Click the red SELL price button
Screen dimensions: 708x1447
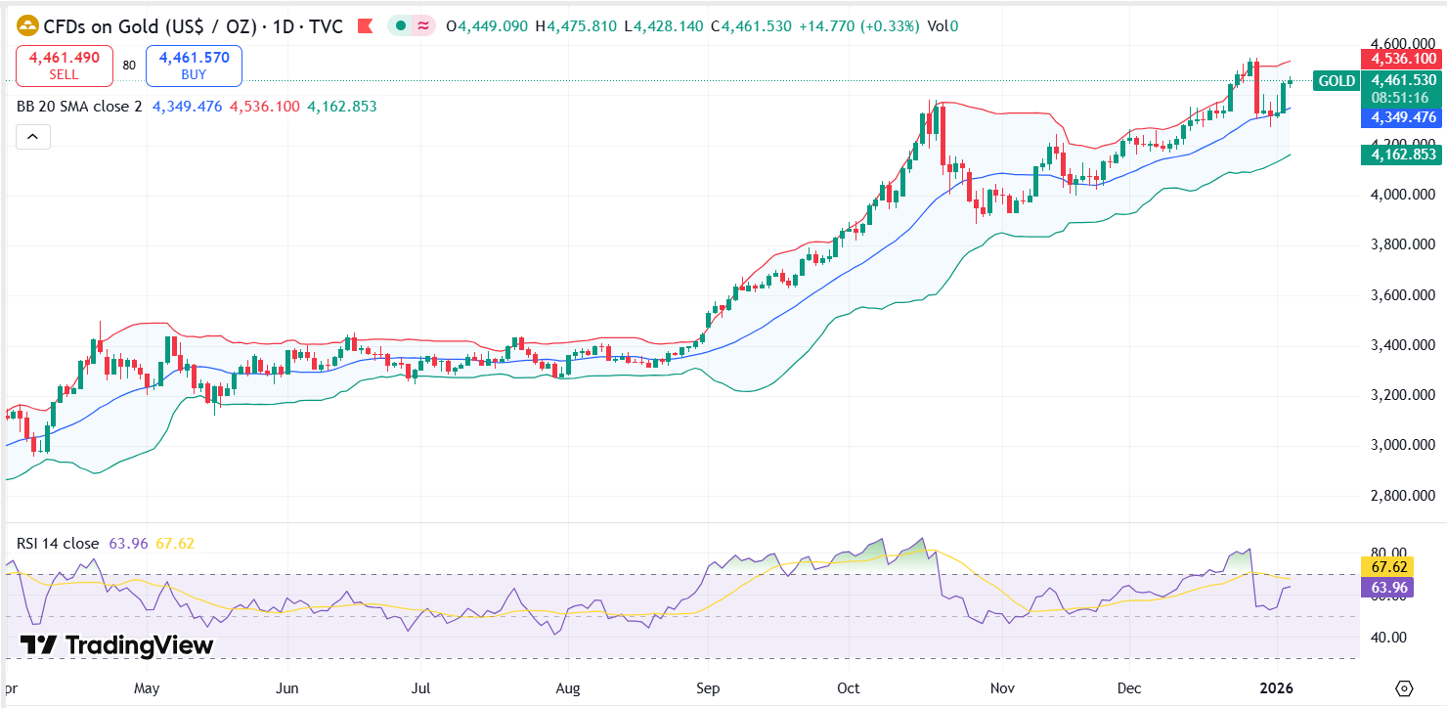click(65, 66)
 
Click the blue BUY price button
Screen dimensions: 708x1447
click(194, 66)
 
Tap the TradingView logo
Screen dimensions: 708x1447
click(116, 645)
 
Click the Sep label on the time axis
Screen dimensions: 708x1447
click(708, 688)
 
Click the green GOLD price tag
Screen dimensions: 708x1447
click(1337, 81)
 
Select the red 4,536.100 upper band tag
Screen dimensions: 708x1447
click(1403, 60)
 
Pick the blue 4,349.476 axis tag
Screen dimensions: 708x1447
click(1403, 116)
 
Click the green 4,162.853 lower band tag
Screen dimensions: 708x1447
click(1403, 154)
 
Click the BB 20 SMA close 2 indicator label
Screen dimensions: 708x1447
click(79, 107)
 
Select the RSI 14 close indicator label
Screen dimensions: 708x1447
click(58, 543)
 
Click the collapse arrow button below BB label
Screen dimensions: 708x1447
click(32, 137)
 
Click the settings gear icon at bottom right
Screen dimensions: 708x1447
click(1405, 687)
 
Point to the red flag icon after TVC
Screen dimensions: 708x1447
click(365, 26)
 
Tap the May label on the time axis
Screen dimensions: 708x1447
click(147, 688)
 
